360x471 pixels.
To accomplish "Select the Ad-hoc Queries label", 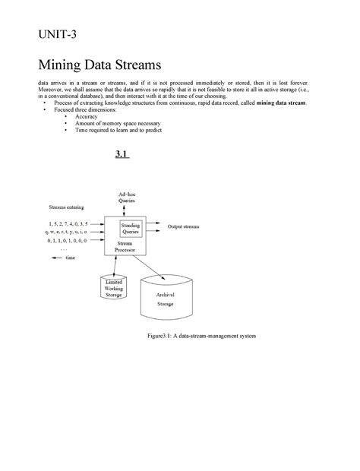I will (127, 198).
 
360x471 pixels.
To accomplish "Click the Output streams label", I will (183, 226).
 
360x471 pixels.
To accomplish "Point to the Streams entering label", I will (67, 207).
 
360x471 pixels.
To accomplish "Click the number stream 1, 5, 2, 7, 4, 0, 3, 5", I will (67, 224).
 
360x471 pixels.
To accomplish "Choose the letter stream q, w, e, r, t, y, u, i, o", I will (67, 232).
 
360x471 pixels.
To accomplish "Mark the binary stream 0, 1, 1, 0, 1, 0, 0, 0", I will (67, 240).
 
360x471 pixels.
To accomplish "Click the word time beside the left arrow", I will (71, 258).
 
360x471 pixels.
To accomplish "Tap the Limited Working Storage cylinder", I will (115, 286).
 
